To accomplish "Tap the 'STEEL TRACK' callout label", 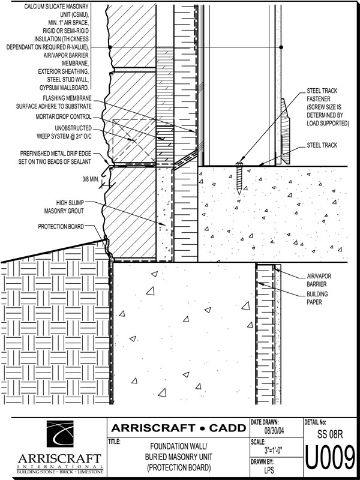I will [322, 145].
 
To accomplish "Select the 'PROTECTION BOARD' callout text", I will [61, 227].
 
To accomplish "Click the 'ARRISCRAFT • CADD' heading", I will [178, 428].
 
